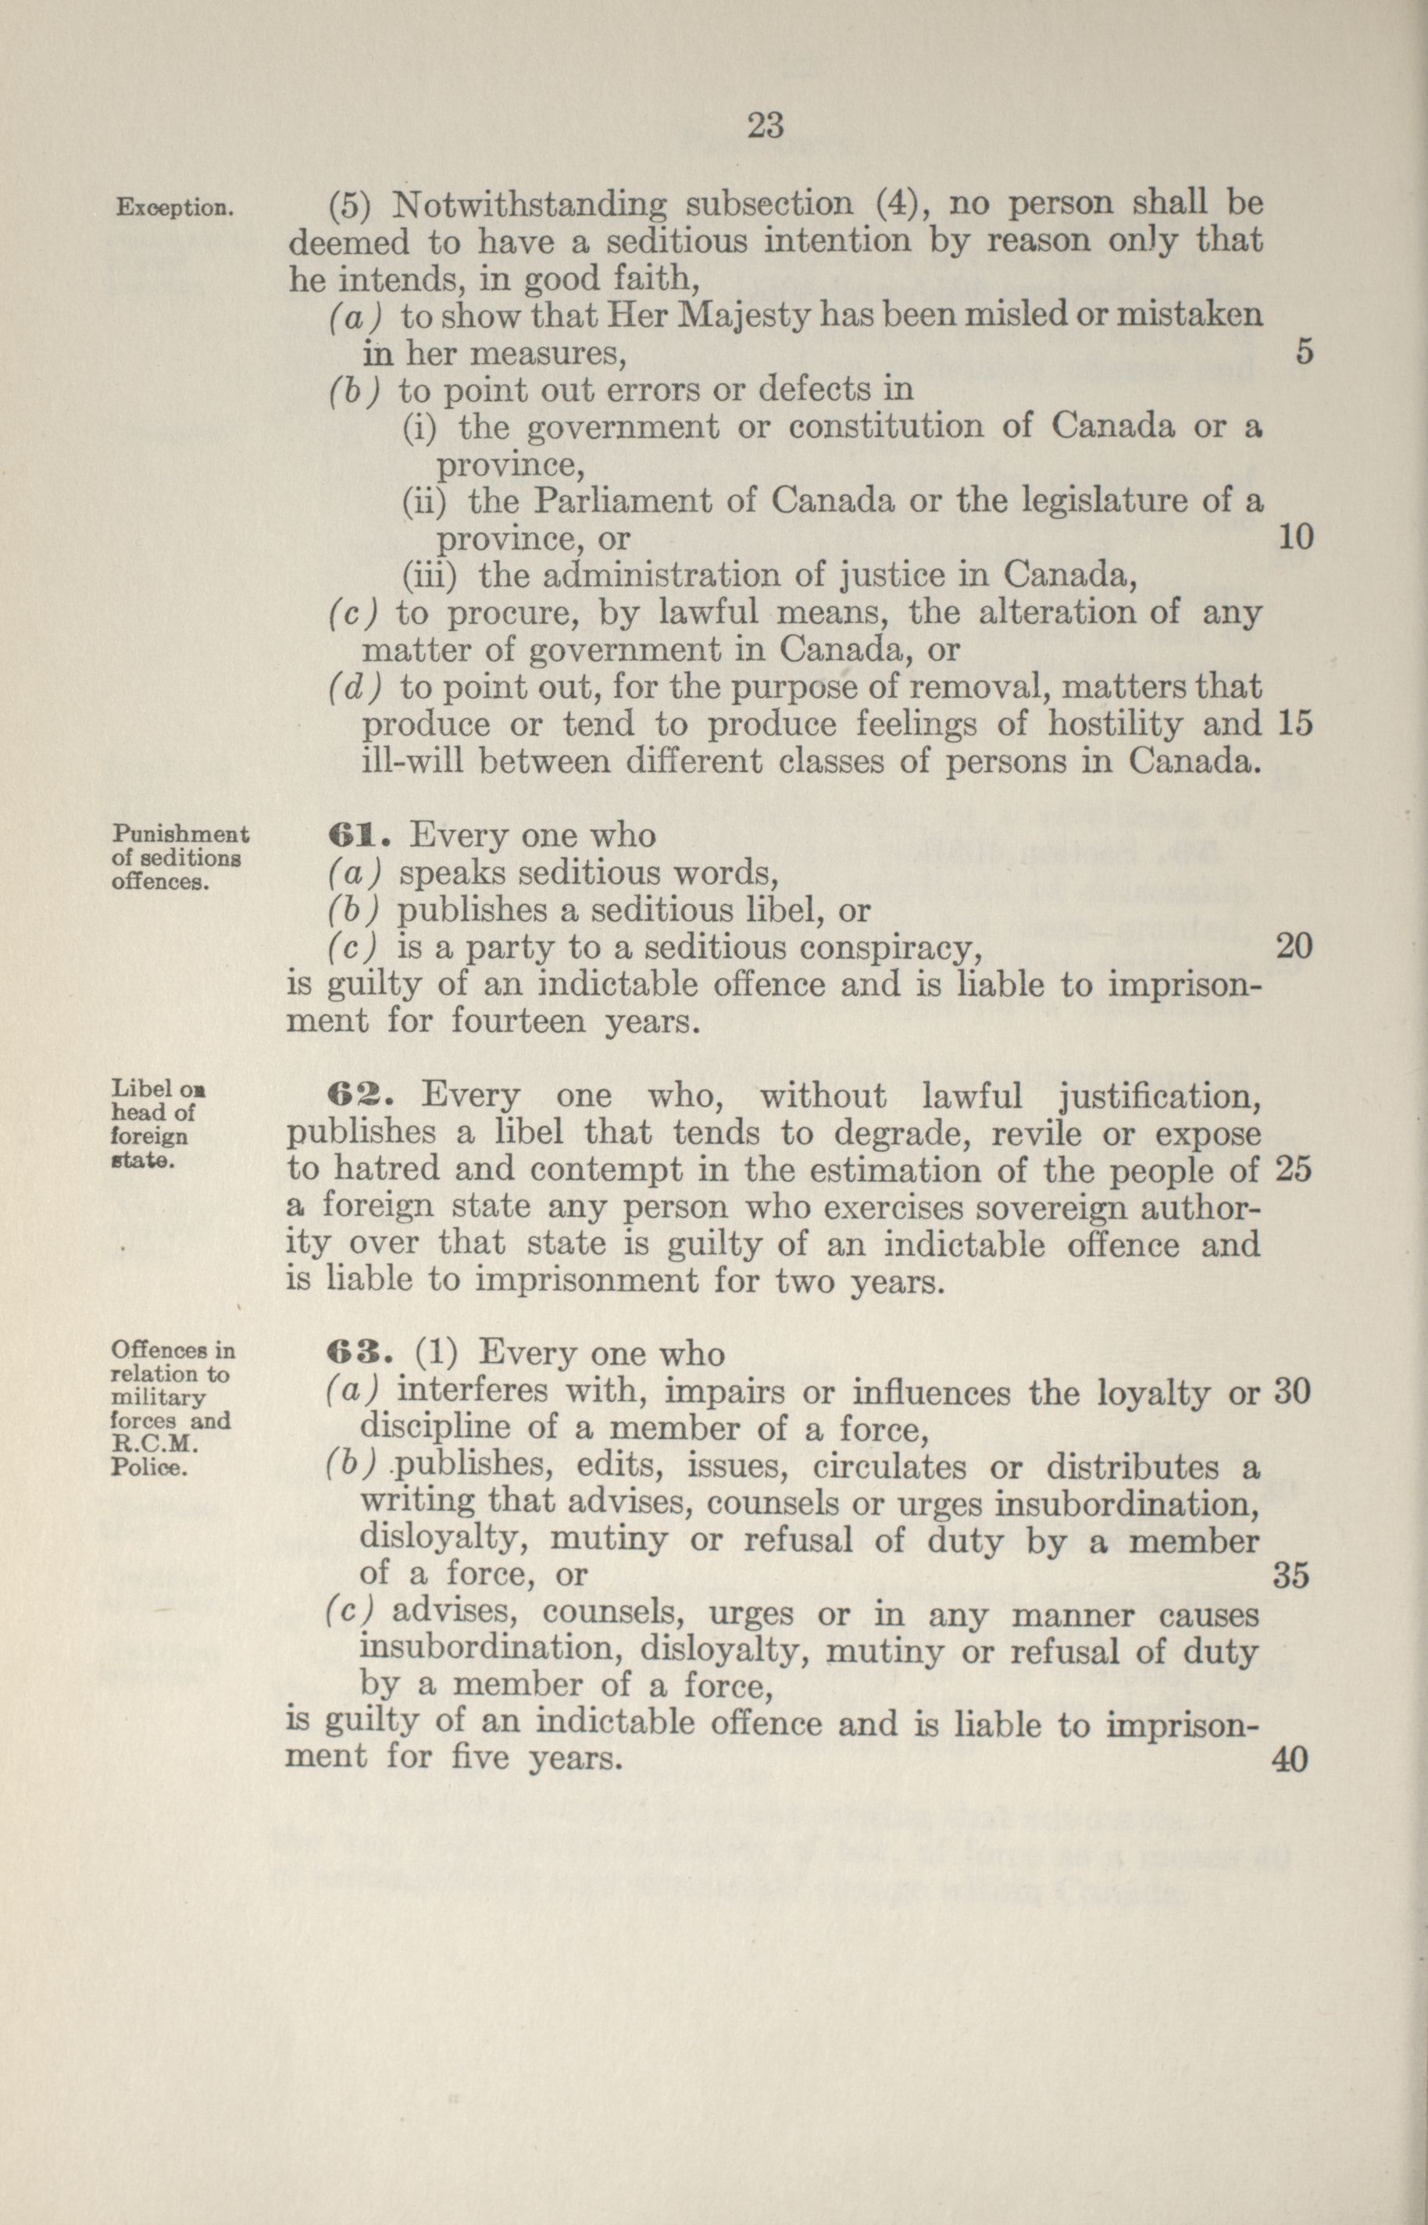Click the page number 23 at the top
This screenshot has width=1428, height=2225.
click(766, 124)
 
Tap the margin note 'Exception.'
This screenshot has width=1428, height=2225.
click(173, 207)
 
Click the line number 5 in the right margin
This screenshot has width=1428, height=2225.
click(1304, 352)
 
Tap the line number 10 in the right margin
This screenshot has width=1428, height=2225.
click(1295, 538)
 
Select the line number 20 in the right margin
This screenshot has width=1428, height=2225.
click(1294, 946)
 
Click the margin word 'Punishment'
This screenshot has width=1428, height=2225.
click(180, 834)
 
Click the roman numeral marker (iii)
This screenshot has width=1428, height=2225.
click(428, 576)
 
